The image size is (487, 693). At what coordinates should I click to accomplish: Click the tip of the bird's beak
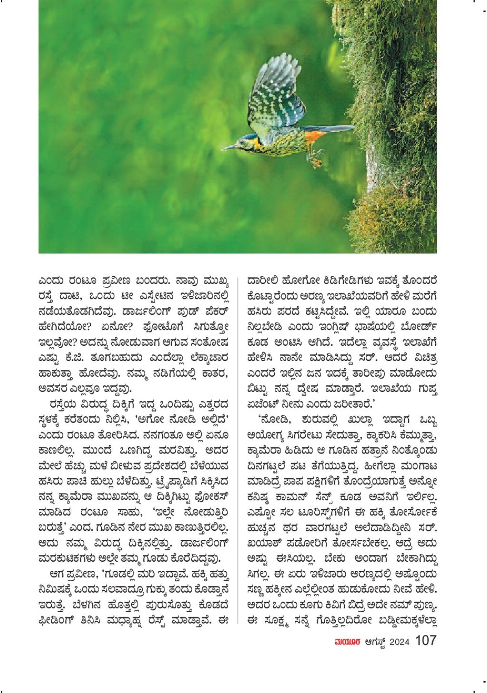tap(223, 149)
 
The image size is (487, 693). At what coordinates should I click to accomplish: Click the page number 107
tap(426, 641)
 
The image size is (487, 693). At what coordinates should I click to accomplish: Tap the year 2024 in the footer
tap(399, 642)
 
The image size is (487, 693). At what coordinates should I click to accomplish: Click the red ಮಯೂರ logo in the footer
tap(348, 642)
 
